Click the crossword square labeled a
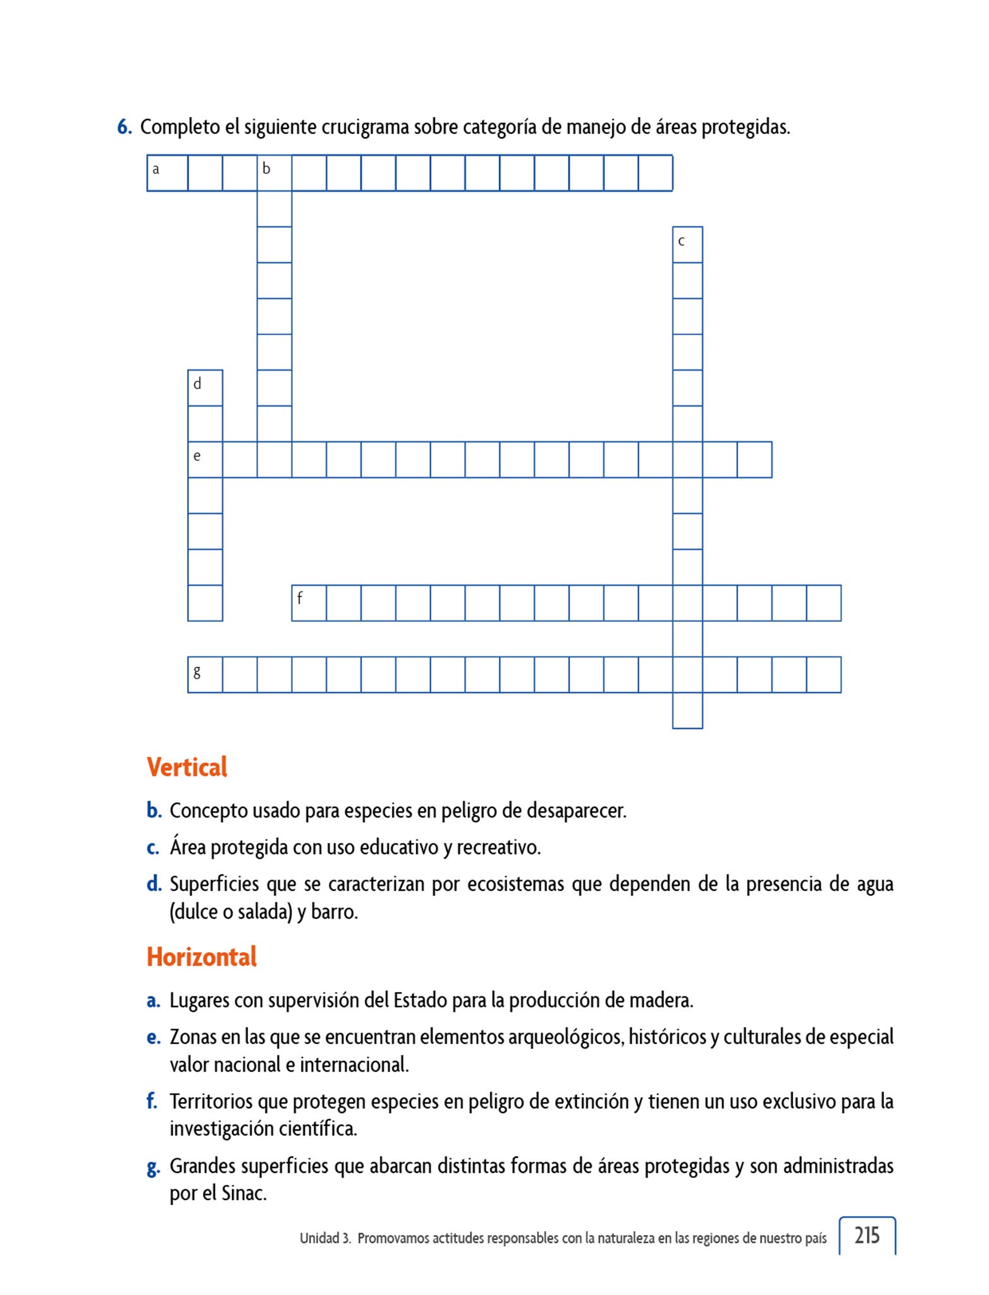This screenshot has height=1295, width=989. coord(167,173)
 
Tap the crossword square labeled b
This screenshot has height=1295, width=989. coord(274,173)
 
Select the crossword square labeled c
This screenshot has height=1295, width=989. coord(687,245)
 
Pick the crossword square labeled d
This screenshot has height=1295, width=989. coord(205,388)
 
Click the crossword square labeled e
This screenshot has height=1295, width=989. coord(205,460)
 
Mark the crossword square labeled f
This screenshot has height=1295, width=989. coord(309,603)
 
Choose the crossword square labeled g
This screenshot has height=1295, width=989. coord(205,675)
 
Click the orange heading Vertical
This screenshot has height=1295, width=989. coord(187,767)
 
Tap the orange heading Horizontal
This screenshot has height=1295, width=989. coord(202,957)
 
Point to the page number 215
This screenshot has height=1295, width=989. coord(867,1234)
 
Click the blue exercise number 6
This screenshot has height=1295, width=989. coord(124,127)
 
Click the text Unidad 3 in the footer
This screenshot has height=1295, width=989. coord(324,1238)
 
